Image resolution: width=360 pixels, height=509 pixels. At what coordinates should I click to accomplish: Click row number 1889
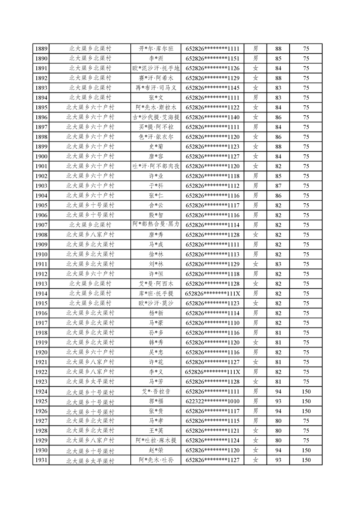tap(41, 49)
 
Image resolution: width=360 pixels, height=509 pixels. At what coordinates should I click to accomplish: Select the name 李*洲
tap(156, 59)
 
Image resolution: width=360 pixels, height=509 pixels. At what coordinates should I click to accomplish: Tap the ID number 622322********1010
tap(212, 401)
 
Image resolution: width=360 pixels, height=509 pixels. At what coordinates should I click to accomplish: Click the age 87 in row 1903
tap(278, 186)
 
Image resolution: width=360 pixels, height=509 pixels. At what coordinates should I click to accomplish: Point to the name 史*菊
tap(156, 147)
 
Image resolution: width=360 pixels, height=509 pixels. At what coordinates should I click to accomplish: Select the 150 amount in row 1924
tap(306, 392)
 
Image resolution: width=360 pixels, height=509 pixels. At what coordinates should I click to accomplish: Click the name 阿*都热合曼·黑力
tap(156, 225)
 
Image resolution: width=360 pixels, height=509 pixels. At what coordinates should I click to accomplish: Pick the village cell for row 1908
tap(90, 235)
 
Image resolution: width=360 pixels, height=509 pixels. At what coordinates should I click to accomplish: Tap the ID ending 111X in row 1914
tap(212, 294)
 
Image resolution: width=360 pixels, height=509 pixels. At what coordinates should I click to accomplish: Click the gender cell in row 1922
tap(256, 372)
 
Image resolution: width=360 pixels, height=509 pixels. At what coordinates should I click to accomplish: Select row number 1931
tap(41, 460)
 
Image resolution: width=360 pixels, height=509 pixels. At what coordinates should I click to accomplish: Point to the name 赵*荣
tap(156, 450)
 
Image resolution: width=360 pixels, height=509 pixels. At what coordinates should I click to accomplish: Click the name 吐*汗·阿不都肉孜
tap(156, 166)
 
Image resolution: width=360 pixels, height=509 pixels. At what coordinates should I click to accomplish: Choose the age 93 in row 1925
tap(278, 401)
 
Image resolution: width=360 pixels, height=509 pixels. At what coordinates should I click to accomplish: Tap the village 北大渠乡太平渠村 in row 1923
tap(90, 382)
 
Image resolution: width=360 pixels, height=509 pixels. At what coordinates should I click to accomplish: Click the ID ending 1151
tap(212, 59)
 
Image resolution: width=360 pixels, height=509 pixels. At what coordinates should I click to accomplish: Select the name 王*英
tap(156, 431)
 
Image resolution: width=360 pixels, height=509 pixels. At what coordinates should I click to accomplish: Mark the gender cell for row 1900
tap(256, 157)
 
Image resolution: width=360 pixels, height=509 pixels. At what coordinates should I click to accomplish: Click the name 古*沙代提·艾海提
tap(156, 117)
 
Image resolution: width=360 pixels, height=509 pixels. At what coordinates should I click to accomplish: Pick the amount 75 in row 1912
tap(306, 274)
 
